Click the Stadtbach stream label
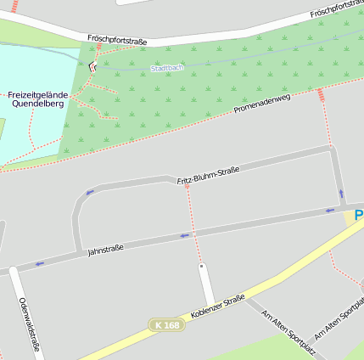pos(166,68)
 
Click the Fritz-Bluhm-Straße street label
pos(208,176)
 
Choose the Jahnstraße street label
pos(106,249)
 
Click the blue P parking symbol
pos(359,216)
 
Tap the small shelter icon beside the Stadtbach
pos(93,65)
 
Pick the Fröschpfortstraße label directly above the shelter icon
pos(117,39)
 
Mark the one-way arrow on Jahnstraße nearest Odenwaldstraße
pos(40,264)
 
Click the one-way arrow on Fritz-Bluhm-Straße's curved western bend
pos(89,193)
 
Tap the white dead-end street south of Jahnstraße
pos(204,284)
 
